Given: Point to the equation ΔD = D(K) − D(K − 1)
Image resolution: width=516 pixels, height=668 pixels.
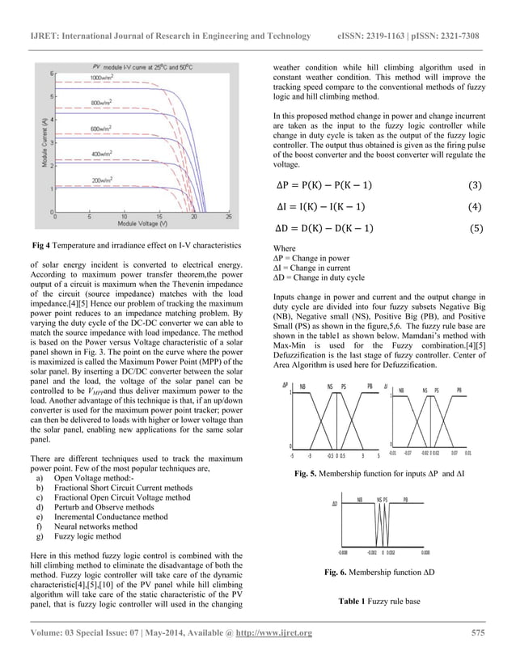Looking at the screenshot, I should tap(320, 227).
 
